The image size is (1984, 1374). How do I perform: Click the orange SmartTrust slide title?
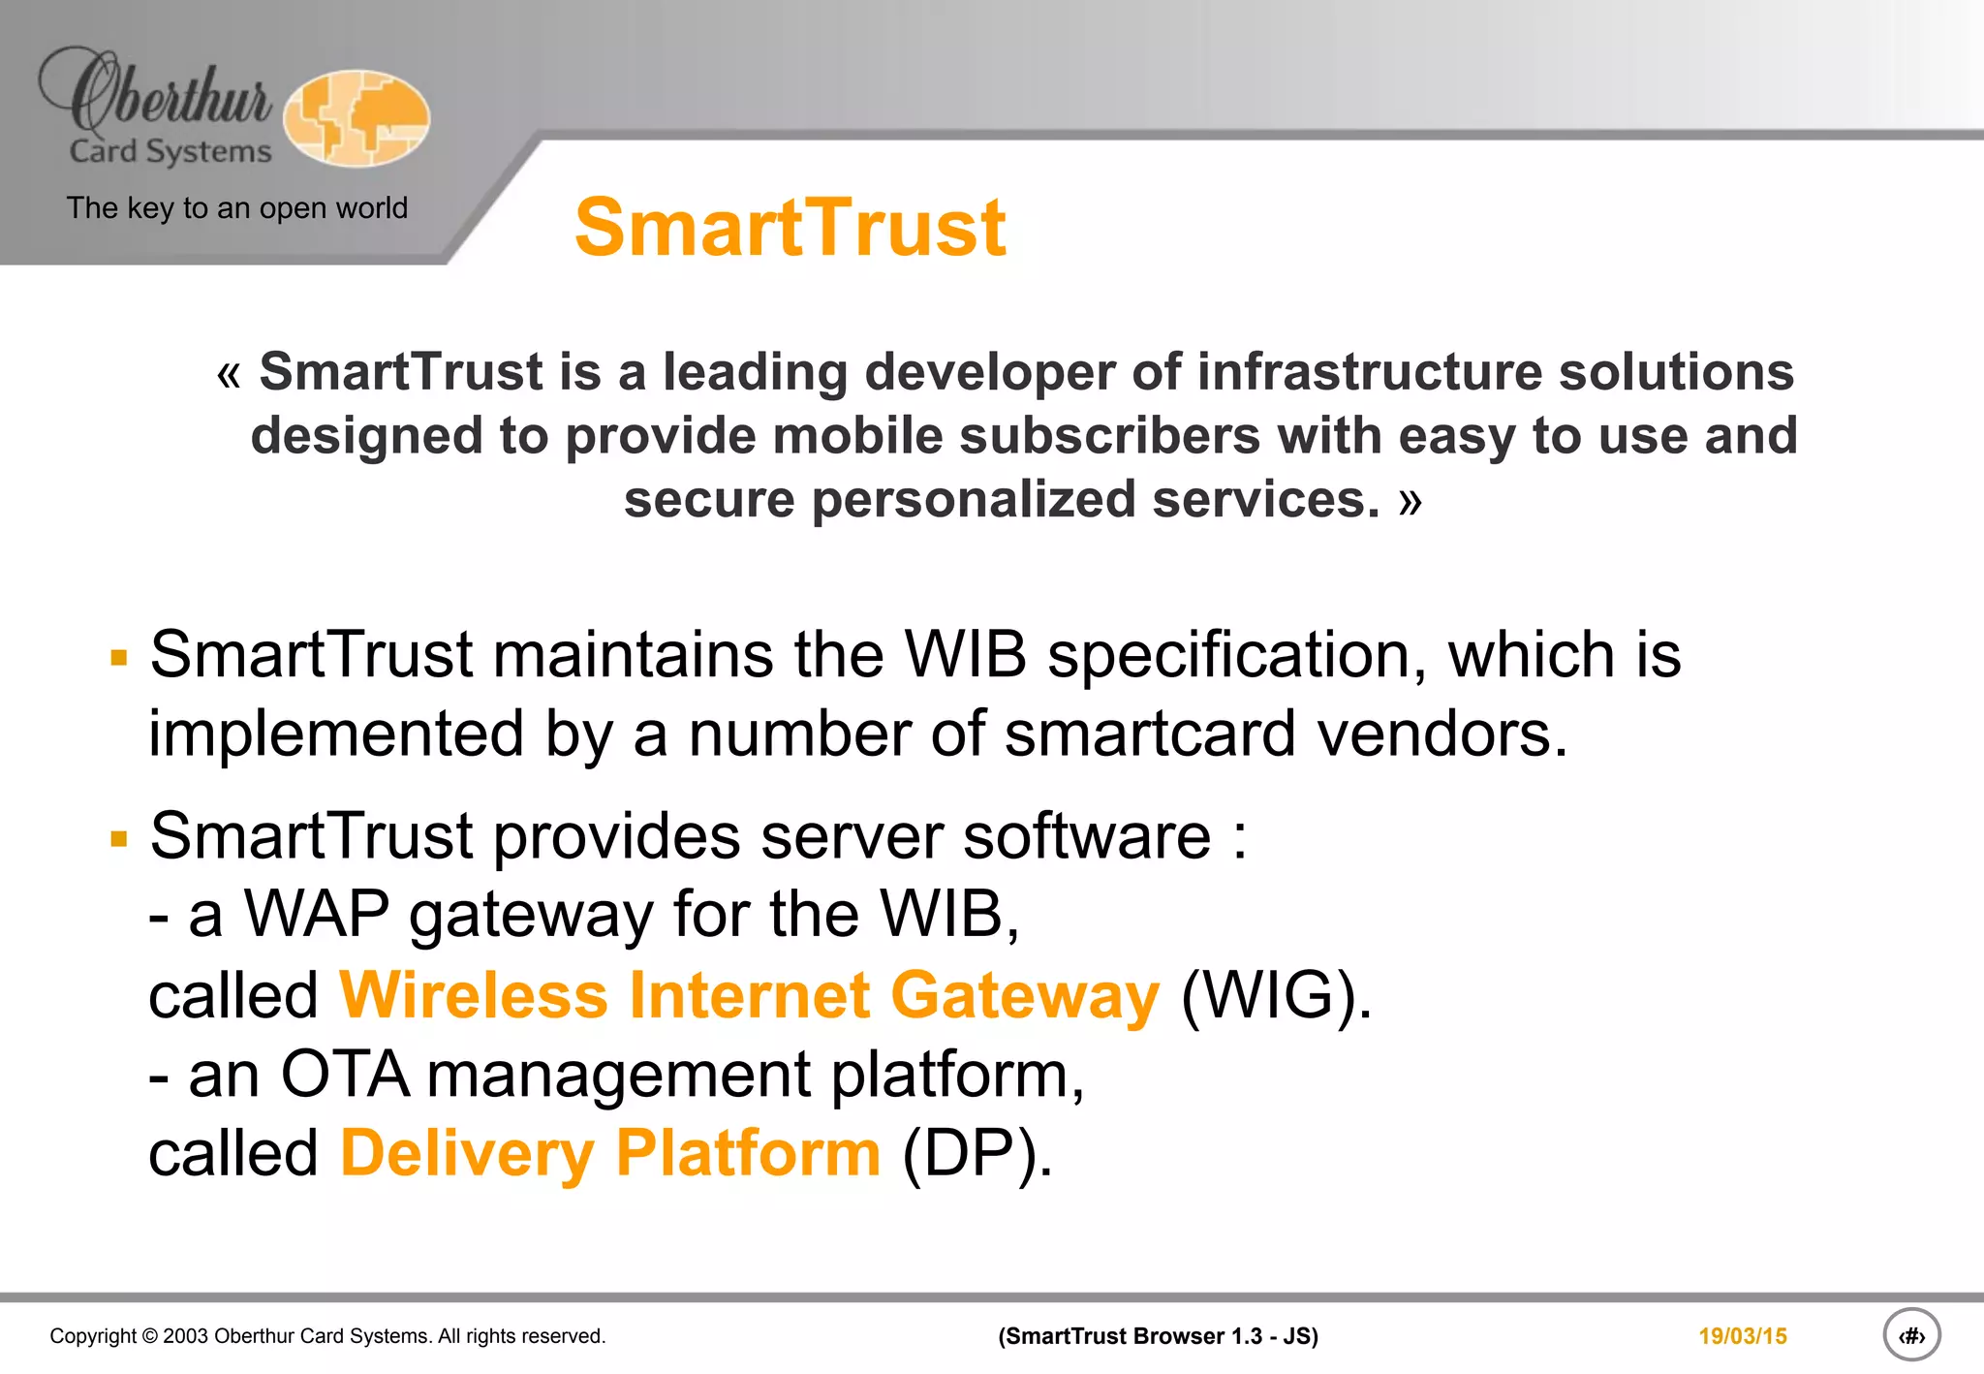[790, 228]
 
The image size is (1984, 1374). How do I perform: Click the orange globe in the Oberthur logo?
[356, 118]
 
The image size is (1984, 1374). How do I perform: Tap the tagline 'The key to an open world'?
[237, 208]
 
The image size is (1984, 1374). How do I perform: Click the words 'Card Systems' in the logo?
[170, 152]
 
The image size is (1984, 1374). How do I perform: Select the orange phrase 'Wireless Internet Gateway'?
[749, 996]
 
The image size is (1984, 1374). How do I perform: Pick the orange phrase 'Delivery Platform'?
[610, 1154]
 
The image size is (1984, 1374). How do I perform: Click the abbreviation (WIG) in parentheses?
[1276, 996]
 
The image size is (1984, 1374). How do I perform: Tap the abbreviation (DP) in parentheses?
[976, 1154]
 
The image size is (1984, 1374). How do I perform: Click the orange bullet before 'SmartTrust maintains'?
[119, 659]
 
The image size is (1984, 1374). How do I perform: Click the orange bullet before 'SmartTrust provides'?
[119, 839]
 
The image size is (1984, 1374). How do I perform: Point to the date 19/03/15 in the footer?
[1742, 1336]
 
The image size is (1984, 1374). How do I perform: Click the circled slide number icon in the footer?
[1911, 1335]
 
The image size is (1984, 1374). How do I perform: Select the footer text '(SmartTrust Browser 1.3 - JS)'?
[1158, 1336]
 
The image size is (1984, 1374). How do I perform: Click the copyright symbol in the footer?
[149, 1336]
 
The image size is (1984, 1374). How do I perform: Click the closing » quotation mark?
[1410, 502]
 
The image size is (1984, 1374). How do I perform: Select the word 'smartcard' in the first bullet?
[1150, 734]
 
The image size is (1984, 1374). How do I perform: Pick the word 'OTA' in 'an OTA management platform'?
[344, 1075]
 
